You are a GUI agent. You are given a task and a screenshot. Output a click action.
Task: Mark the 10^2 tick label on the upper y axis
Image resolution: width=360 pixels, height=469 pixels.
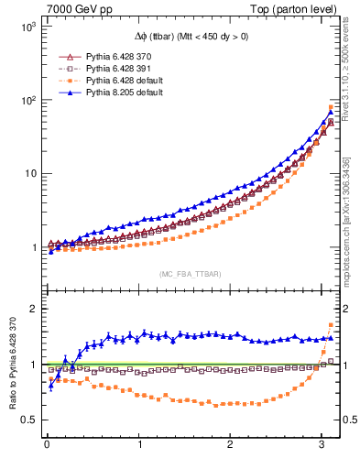(x=27, y=101)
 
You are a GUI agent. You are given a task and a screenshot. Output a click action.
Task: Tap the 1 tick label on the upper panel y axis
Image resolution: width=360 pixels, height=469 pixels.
(x=32, y=247)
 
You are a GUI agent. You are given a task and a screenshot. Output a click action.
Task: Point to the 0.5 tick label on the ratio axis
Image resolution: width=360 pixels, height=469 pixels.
(x=27, y=420)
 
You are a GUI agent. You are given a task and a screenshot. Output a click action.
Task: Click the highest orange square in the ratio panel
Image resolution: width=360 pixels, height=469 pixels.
(x=331, y=325)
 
